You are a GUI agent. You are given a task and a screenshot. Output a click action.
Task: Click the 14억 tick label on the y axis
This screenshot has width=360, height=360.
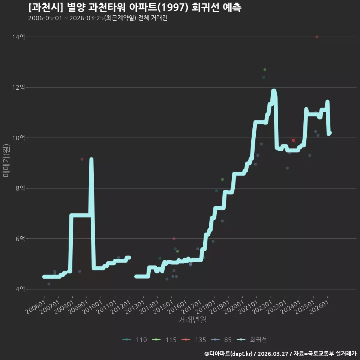tap(18, 37)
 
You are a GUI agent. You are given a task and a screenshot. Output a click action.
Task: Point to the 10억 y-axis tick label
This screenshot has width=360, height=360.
tap(18, 138)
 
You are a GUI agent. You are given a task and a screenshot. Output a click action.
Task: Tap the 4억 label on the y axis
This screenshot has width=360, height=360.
tap(20, 289)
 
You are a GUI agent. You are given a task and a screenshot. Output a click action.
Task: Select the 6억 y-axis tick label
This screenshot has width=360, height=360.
tap(20, 239)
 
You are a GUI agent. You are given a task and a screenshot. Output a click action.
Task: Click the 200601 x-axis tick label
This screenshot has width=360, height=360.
tap(36, 307)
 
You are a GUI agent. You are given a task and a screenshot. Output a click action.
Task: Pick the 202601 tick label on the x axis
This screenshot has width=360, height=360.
tap(319, 307)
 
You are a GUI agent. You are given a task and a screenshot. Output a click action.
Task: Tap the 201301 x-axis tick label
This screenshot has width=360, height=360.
tap(135, 307)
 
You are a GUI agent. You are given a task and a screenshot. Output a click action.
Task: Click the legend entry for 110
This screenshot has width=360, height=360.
tap(135, 340)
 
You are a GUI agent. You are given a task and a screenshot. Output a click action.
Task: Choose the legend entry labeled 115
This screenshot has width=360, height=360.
tap(164, 340)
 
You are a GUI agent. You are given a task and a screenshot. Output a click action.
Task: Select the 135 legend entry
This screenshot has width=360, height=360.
tap(194, 340)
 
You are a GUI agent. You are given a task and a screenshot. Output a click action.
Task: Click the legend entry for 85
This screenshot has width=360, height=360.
tap(221, 340)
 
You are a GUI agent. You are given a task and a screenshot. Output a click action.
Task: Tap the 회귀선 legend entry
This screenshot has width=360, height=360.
tap(252, 340)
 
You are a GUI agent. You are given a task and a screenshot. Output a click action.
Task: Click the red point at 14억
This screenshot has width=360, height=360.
tap(317, 37)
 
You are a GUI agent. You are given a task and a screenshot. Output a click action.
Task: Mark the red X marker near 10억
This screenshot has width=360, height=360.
tap(293, 140)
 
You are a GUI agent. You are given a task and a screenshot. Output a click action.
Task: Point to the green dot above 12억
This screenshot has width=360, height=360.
tap(265, 70)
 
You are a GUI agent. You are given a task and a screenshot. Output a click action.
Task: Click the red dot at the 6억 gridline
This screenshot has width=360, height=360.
tap(174, 239)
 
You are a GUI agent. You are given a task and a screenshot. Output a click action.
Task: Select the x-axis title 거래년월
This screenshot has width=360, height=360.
tap(192, 319)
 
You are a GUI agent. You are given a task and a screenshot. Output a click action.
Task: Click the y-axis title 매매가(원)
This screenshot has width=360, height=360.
tap(6, 160)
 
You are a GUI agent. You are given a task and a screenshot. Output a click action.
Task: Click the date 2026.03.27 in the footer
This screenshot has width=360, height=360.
tap(273, 354)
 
